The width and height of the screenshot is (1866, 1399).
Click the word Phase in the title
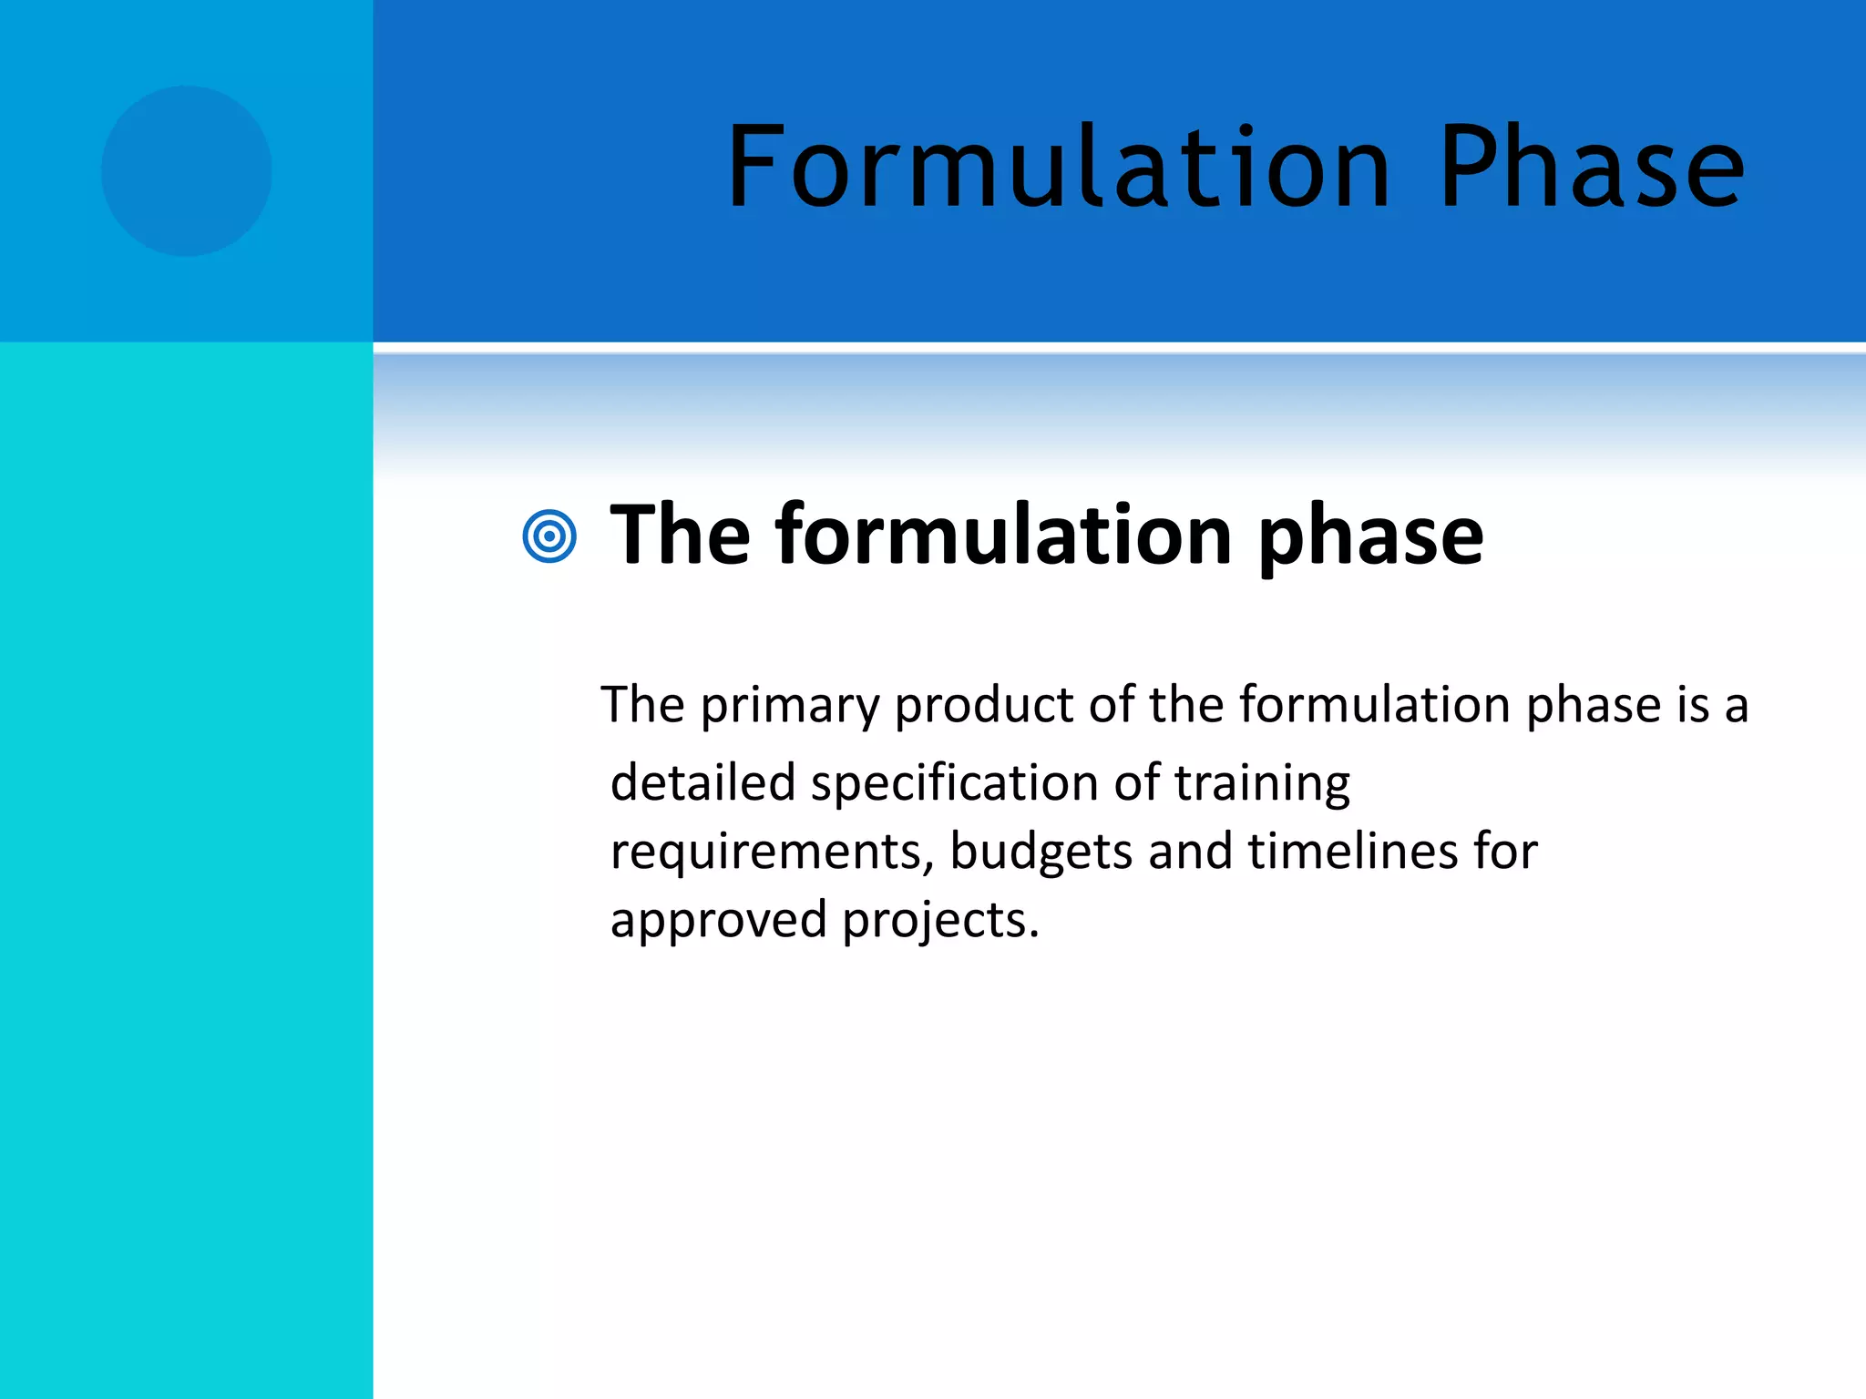(x=1591, y=168)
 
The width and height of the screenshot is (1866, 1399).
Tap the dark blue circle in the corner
(x=186, y=171)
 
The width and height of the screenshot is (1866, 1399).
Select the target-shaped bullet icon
(x=549, y=536)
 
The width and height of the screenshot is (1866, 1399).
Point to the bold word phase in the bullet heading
(x=1371, y=537)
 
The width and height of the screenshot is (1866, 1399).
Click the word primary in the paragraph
(x=790, y=706)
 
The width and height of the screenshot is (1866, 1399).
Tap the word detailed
(x=702, y=782)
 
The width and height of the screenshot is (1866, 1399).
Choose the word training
(x=1262, y=784)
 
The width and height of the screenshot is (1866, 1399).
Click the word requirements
(x=771, y=853)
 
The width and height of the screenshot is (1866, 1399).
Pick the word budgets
(x=1041, y=853)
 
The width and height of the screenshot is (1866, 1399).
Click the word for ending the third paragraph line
(x=1505, y=851)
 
